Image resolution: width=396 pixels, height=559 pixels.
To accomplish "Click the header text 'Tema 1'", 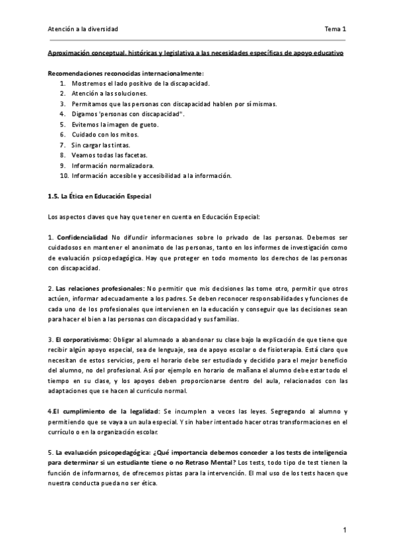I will (x=335, y=29).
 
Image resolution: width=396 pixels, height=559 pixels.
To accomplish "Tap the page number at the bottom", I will (x=345, y=529).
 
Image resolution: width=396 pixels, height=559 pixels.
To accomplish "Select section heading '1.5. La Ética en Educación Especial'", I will (x=100, y=196).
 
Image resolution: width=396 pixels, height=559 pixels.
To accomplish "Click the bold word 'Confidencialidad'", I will (x=82, y=237).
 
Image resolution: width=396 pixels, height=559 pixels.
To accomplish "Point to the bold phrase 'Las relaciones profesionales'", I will (x=99, y=288).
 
